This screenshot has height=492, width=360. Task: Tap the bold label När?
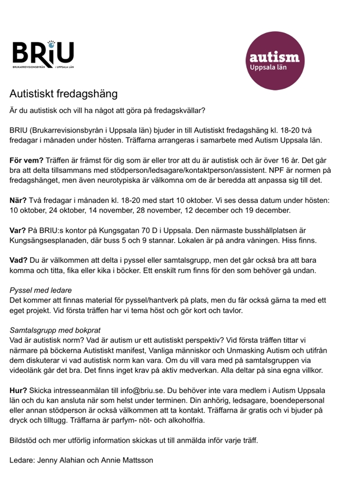pyautogui.click(x=21, y=200)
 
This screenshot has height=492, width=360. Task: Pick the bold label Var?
pyautogui.click(x=21, y=230)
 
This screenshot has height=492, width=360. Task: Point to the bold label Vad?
pyautogui.click(x=22, y=260)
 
